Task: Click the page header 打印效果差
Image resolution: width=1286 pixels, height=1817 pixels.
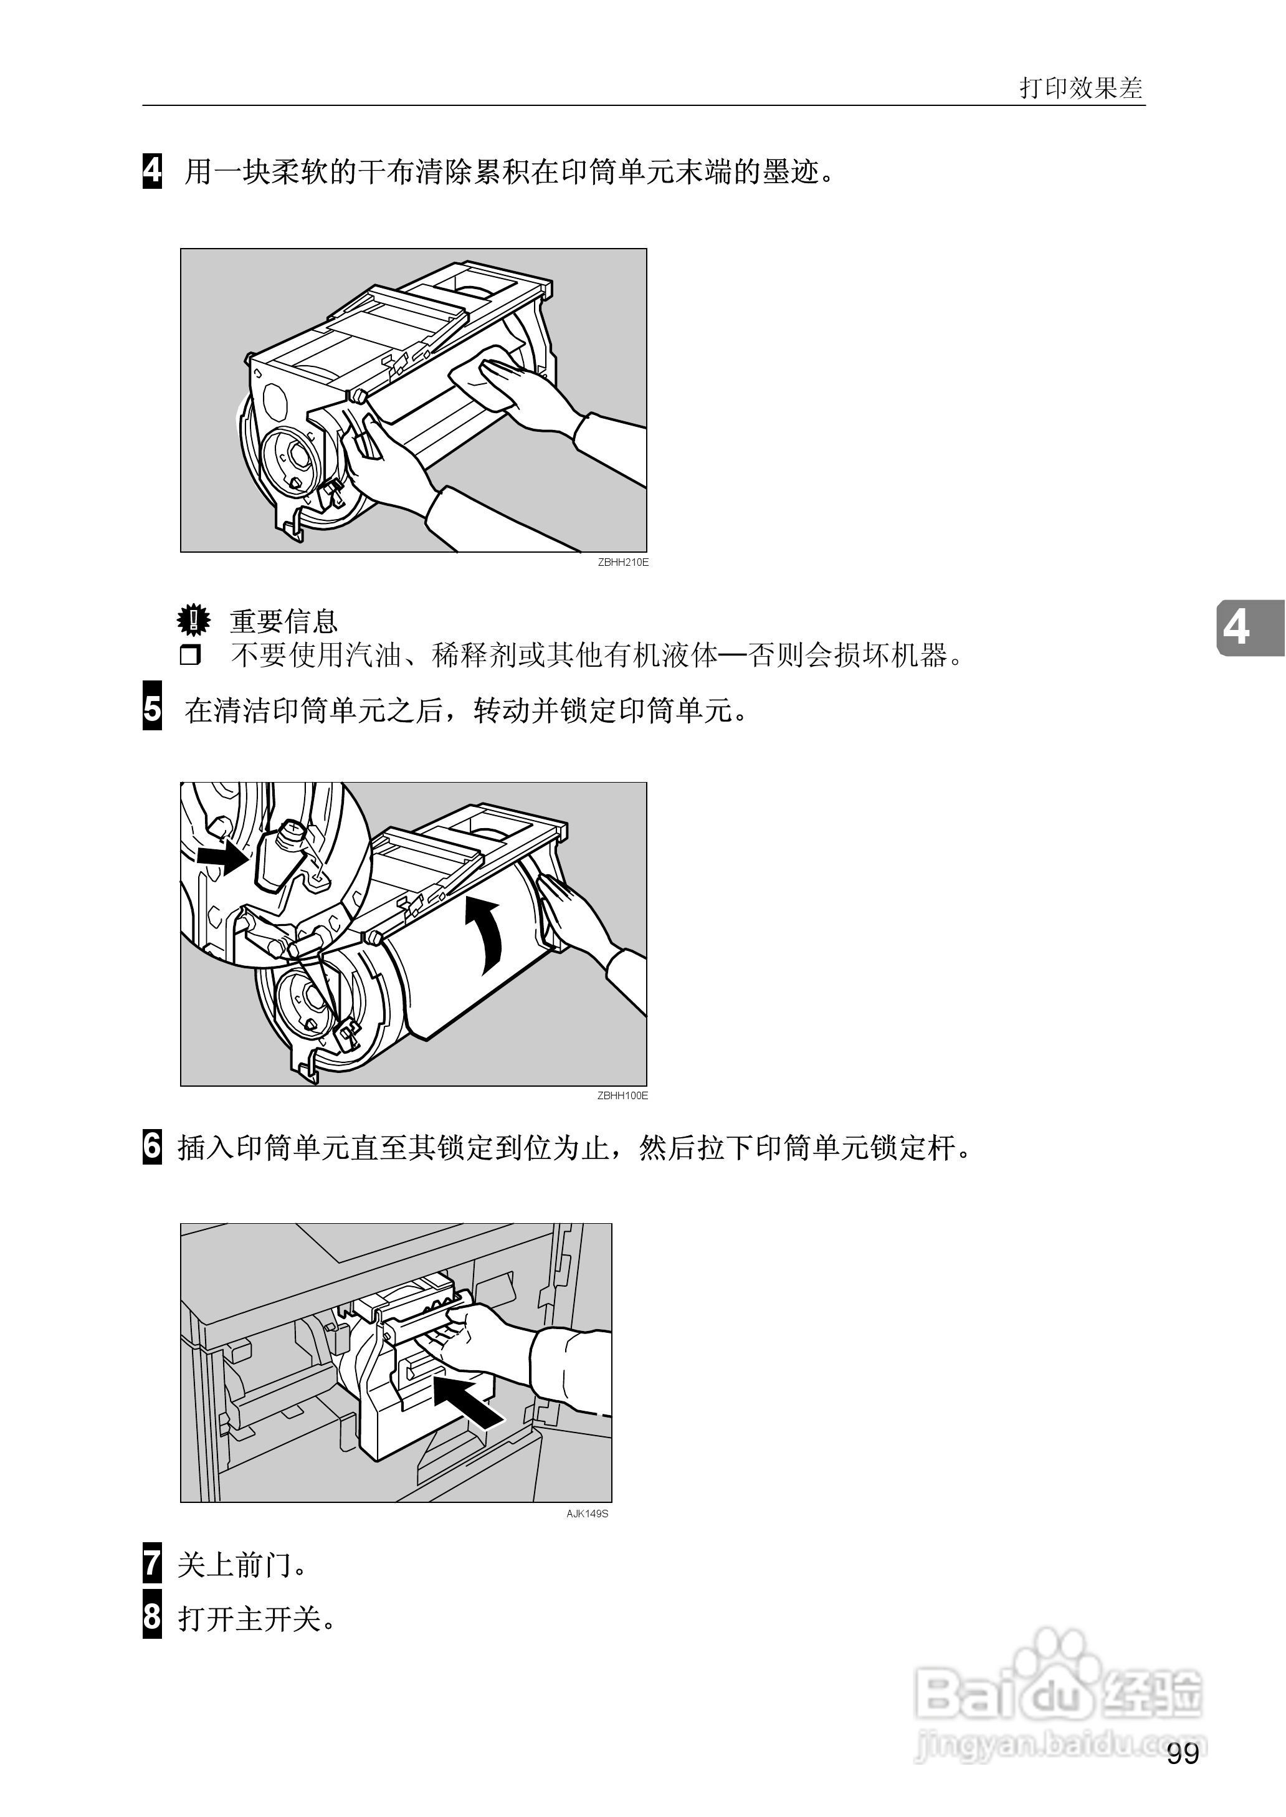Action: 1081,88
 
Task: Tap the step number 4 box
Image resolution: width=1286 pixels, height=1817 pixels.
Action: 152,170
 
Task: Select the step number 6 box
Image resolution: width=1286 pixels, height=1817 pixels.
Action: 152,1147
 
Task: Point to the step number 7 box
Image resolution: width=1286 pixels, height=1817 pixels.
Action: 152,1565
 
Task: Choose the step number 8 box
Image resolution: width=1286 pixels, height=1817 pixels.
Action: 152,1618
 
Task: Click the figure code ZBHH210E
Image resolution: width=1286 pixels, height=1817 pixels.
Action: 622,562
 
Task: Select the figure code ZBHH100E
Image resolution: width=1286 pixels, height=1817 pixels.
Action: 622,1095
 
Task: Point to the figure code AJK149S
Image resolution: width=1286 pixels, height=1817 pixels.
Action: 587,1514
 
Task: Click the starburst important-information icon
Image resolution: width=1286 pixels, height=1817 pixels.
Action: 193,620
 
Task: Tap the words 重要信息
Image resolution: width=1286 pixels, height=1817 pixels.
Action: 283,621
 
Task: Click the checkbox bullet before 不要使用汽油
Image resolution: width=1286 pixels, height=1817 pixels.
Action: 190,656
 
